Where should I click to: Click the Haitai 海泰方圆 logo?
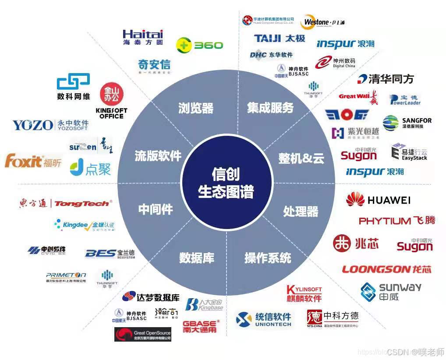coord(143,37)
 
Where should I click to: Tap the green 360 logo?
coord(199,45)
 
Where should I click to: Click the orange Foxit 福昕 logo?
coord(33,161)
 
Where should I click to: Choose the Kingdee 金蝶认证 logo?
coord(84,226)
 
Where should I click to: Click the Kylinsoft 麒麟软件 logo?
coord(304,293)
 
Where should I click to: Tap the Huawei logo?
coord(378,200)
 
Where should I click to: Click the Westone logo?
coord(323,22)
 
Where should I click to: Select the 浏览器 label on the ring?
coord(196,108)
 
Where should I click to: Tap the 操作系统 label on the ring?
coord(268,258)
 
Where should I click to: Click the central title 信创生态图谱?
coord(226,183)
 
